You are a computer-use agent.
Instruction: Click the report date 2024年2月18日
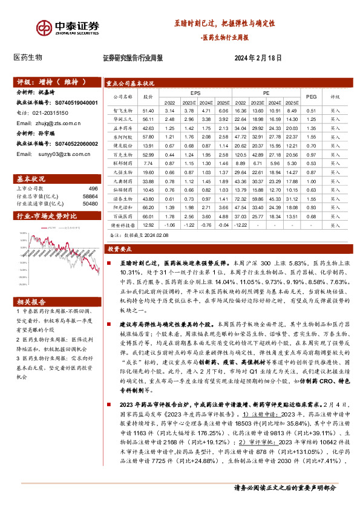pyautogui.click(x=258, y=58)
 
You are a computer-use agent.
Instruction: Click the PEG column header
pyautogui.click(x=311, y=96)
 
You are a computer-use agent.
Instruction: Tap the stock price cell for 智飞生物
pyautogui.click(x=149, y=111)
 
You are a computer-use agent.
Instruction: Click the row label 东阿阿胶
pyautogui.click(x=122, y=137)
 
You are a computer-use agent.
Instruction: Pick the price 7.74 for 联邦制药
pyautogui.click(x=149, y=164)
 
